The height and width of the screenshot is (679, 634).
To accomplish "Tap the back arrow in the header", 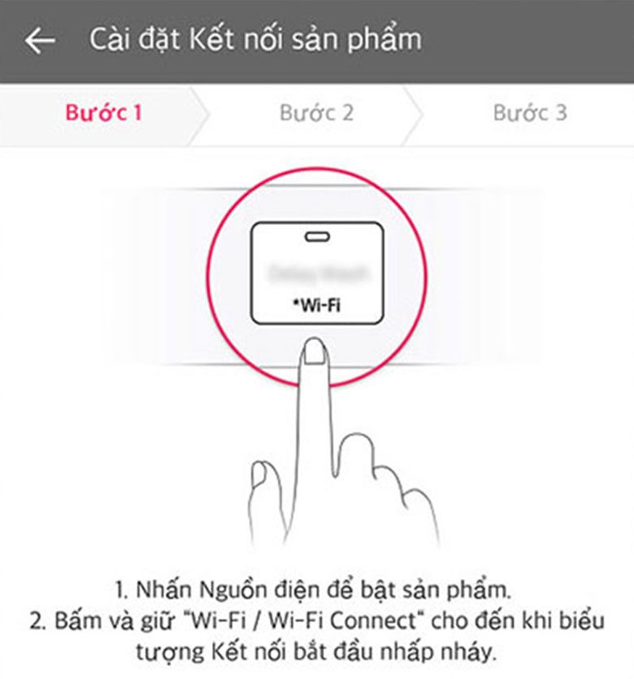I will [40, 40].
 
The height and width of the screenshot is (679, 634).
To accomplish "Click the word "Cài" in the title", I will [108, 39].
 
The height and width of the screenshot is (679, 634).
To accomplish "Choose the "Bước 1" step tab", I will [103, 112].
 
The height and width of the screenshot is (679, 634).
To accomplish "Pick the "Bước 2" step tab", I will [316, 112].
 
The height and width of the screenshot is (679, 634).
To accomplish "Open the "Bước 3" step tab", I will [529, 112].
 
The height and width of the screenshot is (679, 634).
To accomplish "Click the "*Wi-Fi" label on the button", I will [316, 306].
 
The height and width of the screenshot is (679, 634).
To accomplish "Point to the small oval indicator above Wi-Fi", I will [316, 237].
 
